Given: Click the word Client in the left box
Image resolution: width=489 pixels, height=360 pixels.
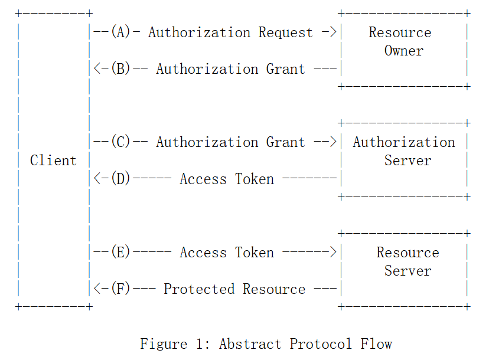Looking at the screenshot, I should [x=53, y=161].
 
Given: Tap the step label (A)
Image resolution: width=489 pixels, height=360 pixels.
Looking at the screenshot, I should [x=120, y=32].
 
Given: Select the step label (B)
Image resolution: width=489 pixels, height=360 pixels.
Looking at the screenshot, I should [x=120, y=69].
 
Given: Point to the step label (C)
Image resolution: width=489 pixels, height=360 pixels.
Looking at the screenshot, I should [x=120, y=142].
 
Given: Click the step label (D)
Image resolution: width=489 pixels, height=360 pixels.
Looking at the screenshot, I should [x=120, y=179].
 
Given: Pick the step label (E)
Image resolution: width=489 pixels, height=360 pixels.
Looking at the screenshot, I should [x=120, y=253].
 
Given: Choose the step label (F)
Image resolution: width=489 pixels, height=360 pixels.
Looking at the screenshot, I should [x=120, y=289].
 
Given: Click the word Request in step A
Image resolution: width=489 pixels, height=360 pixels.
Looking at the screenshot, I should [x=286, y=32].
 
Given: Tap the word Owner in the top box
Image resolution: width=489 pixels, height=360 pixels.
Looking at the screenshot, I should [x=404, y=51].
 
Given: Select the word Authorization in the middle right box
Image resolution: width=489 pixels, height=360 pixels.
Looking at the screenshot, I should [x=404, y=142].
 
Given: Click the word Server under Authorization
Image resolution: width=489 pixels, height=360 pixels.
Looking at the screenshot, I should [x=407, y=161].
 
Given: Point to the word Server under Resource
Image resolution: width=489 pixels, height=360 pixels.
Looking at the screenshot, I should [x=407, y=271].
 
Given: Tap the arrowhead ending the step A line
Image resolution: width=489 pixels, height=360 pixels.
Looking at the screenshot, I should [x=333, y=32].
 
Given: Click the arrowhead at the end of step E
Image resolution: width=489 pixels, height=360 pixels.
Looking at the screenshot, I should [x=333, y=253].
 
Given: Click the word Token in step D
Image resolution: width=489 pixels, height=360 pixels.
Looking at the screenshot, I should [x=255, y=179].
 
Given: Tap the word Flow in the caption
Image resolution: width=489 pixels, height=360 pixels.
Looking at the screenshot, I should [x=376, y=343].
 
